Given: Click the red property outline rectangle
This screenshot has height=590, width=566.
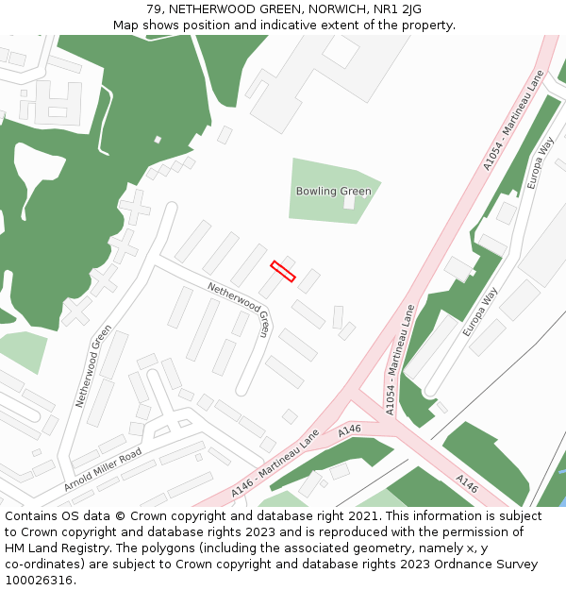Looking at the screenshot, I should point(283,271).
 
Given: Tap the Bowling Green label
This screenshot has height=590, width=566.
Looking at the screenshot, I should point(333,191).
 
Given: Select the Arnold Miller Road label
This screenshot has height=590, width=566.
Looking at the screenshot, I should point(103,469).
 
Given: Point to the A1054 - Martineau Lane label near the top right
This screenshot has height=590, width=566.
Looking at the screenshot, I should point(514,120).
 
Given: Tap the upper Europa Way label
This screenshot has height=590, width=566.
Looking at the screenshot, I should point(541,162).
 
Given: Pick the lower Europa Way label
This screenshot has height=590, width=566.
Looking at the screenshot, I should point(479,312).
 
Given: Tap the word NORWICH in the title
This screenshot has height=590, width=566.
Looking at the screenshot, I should point(336,9).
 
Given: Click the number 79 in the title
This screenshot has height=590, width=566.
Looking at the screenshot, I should point(155,9).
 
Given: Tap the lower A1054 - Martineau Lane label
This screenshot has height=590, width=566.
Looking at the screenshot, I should point(399,359).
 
